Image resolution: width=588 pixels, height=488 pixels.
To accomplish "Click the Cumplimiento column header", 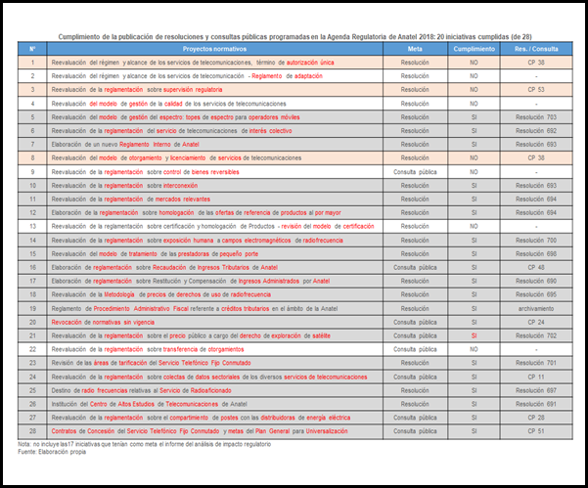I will tap(474, 47).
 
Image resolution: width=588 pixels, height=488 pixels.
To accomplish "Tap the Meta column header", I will tap(415, 47).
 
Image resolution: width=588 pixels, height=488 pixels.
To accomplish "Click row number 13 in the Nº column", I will tap(32, 225).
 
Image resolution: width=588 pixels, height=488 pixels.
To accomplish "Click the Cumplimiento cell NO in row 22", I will tap(474, 347).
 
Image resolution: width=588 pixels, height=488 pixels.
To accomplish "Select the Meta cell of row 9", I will tap(415, 170).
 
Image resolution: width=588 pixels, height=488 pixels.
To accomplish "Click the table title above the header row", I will tap(294, 32).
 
